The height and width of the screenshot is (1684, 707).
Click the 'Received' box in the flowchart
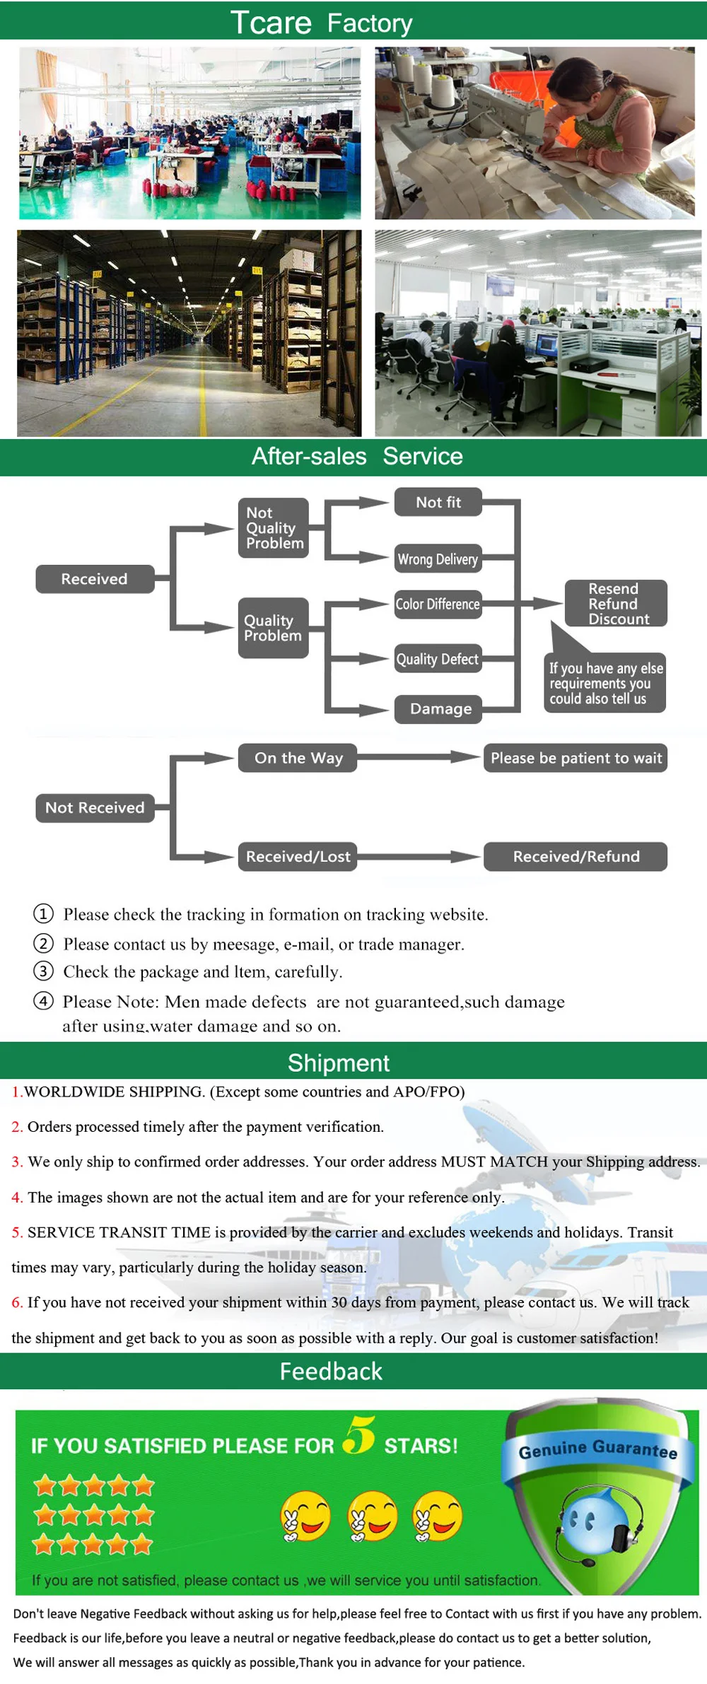[95, 579]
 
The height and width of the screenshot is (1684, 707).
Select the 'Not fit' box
[438, 502]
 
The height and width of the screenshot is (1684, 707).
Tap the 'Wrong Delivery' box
[438, 559]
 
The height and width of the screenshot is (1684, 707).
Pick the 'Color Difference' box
[438, 604]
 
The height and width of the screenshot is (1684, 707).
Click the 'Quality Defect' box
[438, 659]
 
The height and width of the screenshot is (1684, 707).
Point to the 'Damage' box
[438, 709]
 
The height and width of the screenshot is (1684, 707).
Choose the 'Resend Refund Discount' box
[616, 604]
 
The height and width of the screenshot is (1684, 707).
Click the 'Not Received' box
[95, 807]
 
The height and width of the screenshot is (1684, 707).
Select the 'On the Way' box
[298, 758]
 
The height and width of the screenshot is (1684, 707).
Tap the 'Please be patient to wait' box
[575, 758]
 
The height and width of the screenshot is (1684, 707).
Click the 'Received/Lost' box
[298, 856]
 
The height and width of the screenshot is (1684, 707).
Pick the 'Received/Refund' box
[575, 856]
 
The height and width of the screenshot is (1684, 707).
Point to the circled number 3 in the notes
[44, 971]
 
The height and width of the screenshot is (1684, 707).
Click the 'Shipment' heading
[339, 1063]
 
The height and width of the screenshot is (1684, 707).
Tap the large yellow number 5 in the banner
[359, 1435]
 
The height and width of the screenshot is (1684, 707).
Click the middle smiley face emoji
[372, 1516]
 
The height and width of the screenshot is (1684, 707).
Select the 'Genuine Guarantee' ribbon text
[598, 1449]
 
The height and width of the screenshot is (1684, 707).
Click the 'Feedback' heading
[331, 1371]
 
